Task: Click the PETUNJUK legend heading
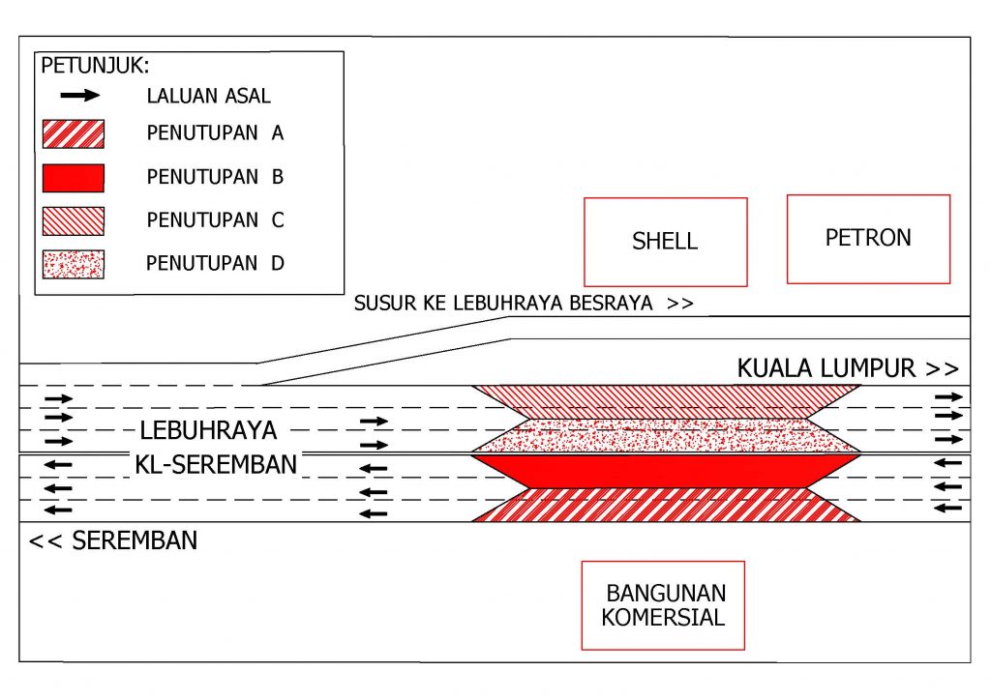point(95,66)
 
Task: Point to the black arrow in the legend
point(80,96)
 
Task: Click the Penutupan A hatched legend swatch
point(74,133)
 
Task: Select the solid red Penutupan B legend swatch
point(74,178)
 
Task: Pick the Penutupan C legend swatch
point(74,220)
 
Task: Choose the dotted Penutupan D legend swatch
point(74,265)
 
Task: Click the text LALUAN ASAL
point(209,96)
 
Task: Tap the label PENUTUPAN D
point(215,263)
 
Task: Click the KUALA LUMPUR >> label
point(848,368)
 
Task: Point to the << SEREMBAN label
point(113,540)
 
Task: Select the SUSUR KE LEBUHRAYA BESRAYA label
point(524,304)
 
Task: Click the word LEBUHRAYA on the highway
point(209,430)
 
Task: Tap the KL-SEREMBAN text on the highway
point(216,464)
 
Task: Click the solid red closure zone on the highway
point(666,471)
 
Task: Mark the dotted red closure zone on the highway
point(666,435)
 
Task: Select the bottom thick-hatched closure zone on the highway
point(666,505)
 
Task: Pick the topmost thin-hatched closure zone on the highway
point(666,402)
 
